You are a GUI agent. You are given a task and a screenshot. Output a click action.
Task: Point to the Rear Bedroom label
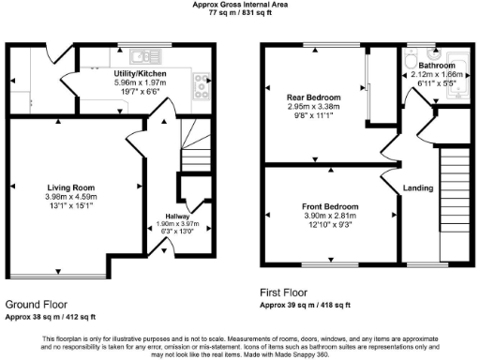[314, 97]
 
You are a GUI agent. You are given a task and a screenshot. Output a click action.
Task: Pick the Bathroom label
[436, 65]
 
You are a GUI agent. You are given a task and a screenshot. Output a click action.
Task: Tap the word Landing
[417, 188]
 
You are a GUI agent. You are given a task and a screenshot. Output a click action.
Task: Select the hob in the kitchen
[200, 87]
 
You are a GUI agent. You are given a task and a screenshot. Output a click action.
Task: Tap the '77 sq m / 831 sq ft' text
[240, 14]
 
